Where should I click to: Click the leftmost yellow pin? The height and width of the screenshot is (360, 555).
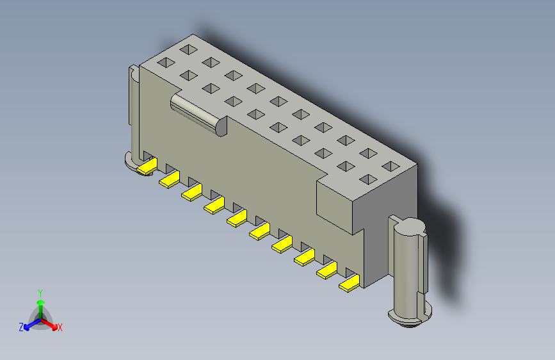pos(147,167)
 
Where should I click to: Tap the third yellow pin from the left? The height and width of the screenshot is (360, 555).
pos(191,192)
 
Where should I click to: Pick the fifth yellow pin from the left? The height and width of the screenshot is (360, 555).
pos(237,218)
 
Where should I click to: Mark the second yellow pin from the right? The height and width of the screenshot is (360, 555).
pos(326,271)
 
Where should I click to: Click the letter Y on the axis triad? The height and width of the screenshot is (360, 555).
pos(40,291)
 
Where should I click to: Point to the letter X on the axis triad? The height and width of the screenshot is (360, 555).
pos(60,327)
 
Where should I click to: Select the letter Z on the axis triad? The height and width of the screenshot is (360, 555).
pos(21,327)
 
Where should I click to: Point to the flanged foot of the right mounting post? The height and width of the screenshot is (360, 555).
pos(409,316)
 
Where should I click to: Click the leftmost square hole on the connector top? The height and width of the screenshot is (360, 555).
pos(165,63)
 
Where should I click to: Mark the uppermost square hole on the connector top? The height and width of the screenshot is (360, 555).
pos(188,49)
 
